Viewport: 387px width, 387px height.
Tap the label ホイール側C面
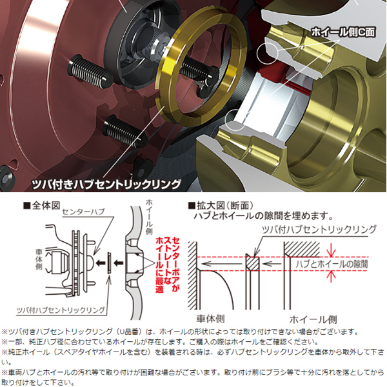tap(343, 32)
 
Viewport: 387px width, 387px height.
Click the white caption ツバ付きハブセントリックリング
tap(106, 184)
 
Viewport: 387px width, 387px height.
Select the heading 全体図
tap(42, 205)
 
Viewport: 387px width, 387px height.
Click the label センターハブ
tap(83, 212)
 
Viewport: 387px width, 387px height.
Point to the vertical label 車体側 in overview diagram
tap(39, 259)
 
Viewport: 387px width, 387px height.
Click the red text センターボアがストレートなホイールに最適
tap(168, 264)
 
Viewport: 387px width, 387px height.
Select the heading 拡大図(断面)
tap(221, 205)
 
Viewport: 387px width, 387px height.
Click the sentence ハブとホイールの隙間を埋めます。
tap(263, 216)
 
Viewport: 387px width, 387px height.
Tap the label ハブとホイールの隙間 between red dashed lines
tap(332, 264)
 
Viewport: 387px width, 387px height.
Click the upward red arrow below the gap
tap(331, 277)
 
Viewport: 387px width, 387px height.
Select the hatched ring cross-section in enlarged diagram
tap(253, 264)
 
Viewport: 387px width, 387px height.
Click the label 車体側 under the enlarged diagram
tap(210, 319)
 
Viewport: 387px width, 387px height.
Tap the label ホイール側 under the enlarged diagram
tap(313, 319)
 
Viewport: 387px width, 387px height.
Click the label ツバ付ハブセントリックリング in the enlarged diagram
tap(319, 230)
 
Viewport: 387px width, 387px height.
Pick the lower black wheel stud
tap(125, 130)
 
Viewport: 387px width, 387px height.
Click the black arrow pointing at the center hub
tap(100, 263)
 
